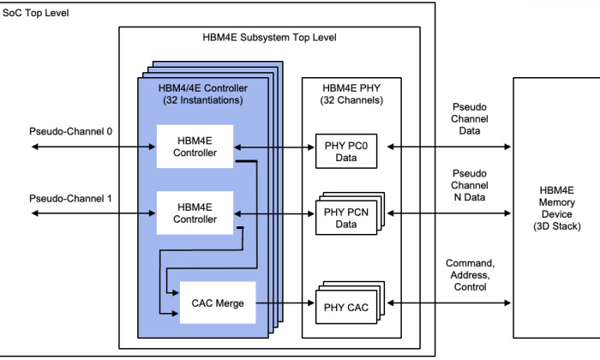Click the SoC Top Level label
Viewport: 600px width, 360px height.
pyautogui.click(x=35, y=14)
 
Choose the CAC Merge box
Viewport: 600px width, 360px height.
pyautogui.click(x=218, y=303)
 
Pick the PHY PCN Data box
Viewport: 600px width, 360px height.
pyautogui.click(x=345, y=218)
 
